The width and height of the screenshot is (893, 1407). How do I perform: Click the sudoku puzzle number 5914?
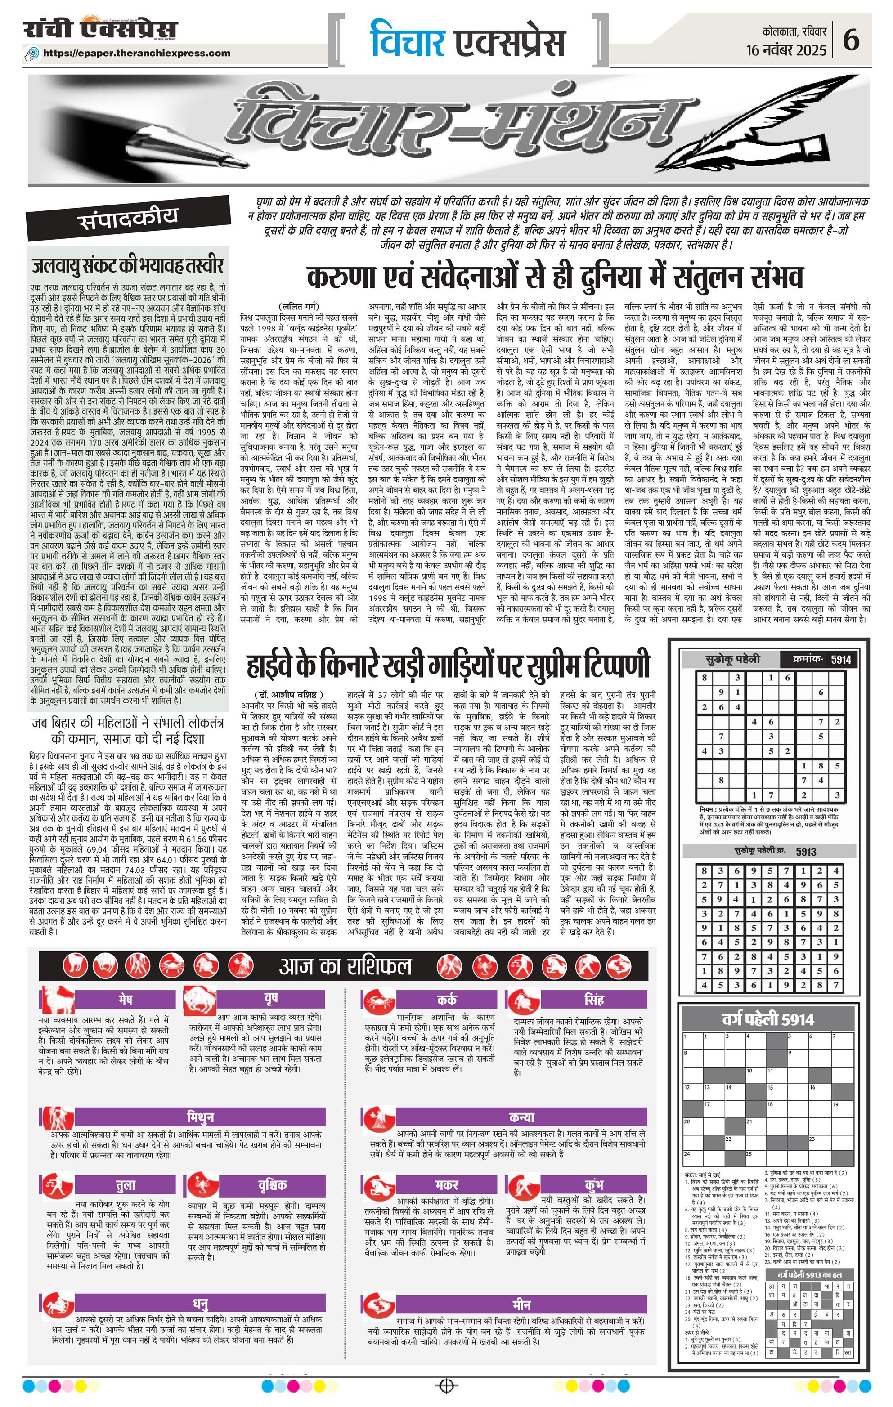pos(840,660)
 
